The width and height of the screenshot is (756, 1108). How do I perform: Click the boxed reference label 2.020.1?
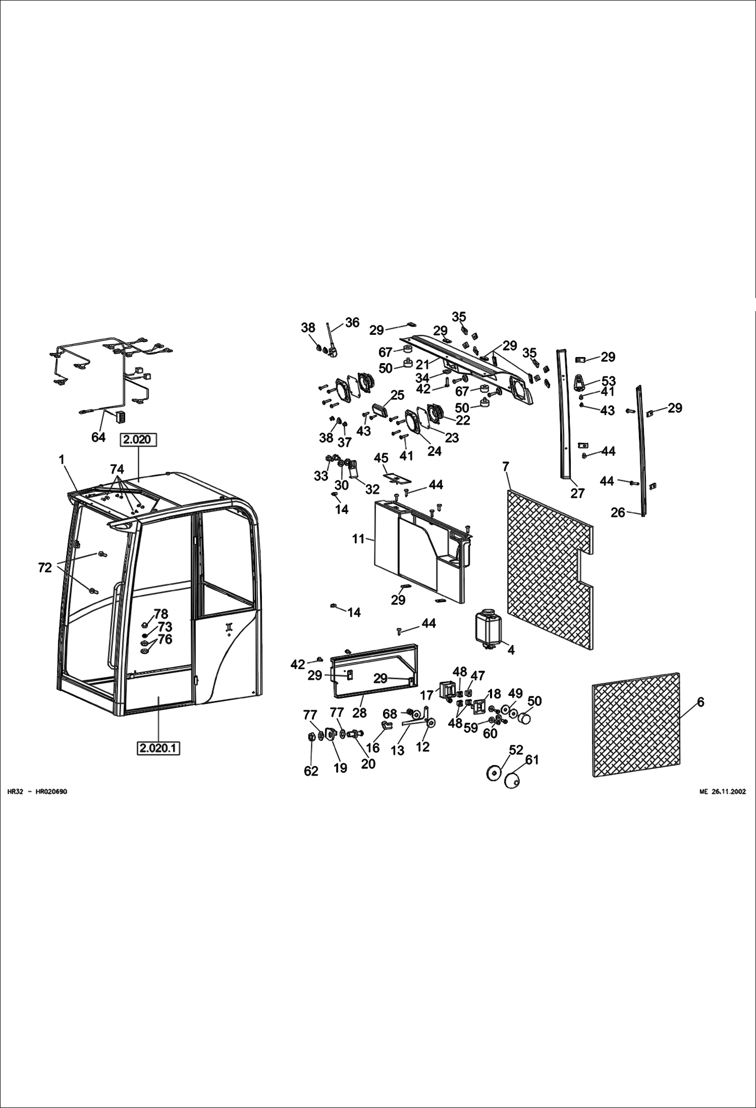158,748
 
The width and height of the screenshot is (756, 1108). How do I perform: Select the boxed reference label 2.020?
138,440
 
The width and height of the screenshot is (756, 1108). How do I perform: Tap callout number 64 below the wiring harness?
98,437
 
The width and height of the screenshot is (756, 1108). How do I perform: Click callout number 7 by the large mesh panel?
506,467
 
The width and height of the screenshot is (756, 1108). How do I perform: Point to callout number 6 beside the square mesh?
700,702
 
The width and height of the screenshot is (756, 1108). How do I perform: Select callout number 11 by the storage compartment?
358,539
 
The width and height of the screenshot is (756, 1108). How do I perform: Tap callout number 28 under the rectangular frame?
359,713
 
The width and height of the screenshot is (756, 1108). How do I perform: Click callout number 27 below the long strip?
577,493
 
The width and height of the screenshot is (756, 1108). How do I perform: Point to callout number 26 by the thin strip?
618,513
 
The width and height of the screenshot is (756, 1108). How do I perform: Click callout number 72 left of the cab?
45,568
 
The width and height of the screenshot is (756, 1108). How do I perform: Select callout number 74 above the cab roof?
117,470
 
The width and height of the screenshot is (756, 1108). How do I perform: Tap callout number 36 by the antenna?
352,323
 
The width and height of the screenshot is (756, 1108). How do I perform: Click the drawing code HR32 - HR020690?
37,792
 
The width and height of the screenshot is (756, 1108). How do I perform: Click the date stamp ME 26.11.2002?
722,792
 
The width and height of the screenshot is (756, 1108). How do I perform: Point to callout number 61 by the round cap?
532,760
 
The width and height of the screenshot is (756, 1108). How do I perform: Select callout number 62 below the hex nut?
311,771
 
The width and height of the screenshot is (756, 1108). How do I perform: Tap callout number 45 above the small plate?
381,458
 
